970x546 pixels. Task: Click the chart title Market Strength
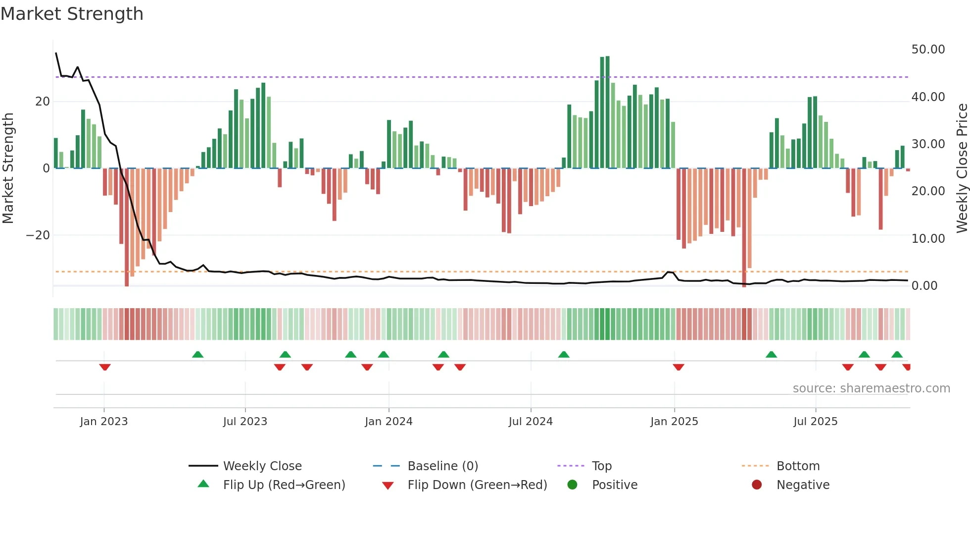point(72,14)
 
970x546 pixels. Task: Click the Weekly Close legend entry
point(262,466)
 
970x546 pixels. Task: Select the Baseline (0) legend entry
point(442,466)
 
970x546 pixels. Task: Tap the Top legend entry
point(601,466)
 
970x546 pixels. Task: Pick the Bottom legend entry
point(798,466)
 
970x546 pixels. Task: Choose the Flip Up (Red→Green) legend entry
point(284,485)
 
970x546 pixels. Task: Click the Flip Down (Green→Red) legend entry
point(477,485)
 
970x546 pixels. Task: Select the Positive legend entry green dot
point(573,485)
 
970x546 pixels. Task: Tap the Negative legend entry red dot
point(757,485)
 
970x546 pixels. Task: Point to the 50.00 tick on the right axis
point(928,50)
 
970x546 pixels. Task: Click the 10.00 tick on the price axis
point(928,239)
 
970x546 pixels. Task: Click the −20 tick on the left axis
point(38,235)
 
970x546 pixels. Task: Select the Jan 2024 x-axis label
point(388,422)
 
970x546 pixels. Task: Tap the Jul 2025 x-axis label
point(815,422)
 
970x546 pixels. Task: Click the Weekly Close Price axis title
point(962,168)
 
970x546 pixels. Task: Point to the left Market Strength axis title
point(8,168)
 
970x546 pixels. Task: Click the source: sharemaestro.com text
point(871,388)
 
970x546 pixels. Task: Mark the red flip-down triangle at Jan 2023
point(104,367)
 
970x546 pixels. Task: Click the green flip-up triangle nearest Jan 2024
point(384,354)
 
